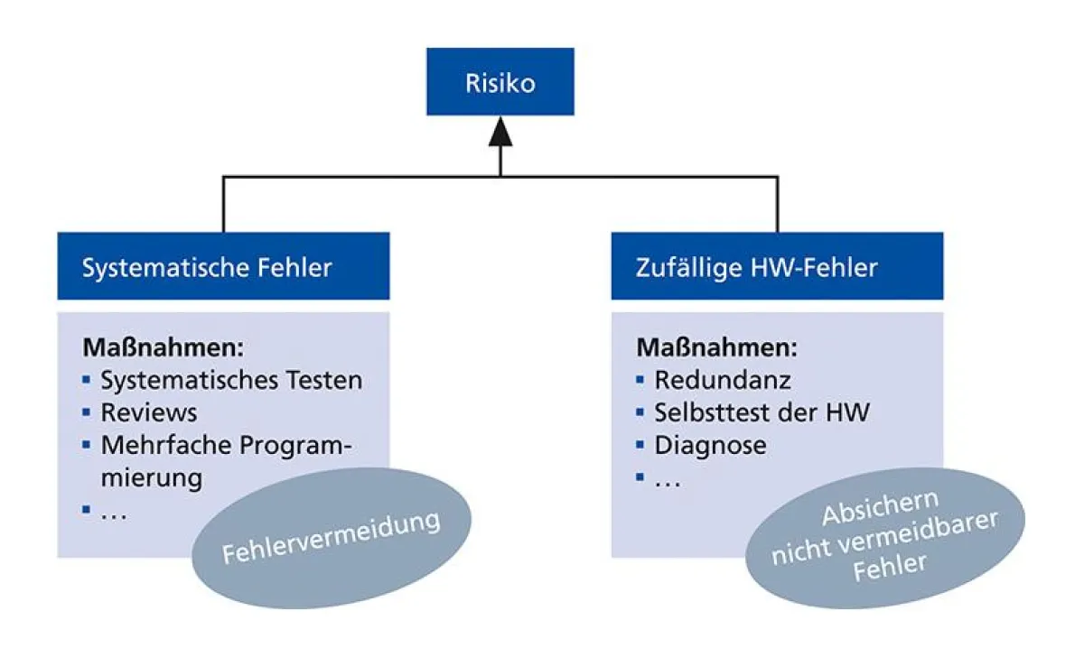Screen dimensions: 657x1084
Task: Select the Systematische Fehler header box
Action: pos(223,267)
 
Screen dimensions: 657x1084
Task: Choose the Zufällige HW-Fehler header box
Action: pos(777,267)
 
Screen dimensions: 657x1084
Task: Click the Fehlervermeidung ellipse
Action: pos(332,538)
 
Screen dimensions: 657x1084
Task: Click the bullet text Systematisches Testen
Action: pos(231,380)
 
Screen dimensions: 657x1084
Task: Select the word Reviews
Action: pos(148,412)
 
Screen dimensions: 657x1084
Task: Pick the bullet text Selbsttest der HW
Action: pos(762,412)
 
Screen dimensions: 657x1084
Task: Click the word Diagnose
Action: pos(710,445)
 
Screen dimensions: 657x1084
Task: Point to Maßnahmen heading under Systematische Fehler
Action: pos(164,347)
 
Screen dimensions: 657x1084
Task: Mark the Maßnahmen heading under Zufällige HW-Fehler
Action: pos(718,347)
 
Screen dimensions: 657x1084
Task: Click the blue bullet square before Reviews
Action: pos(87,412)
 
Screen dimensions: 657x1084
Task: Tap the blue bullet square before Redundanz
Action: pos(640,380)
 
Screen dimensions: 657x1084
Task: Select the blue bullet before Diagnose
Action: pos(640,445)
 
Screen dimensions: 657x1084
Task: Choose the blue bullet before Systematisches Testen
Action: pos(87,380)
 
